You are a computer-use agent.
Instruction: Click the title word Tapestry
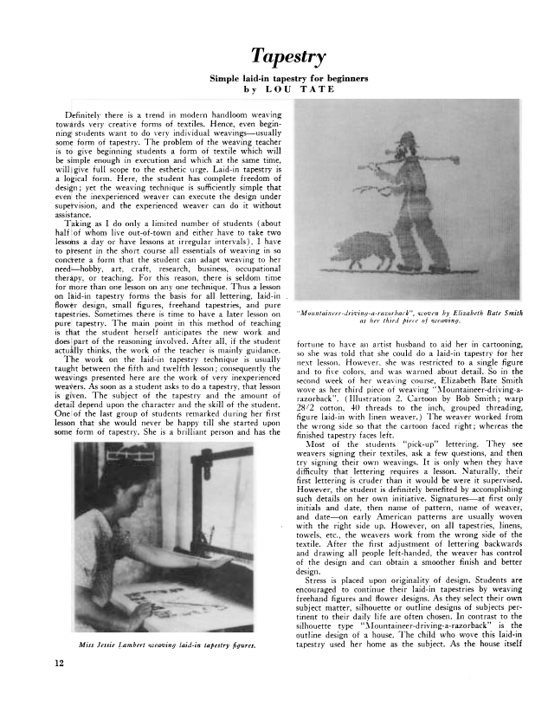point(288,57)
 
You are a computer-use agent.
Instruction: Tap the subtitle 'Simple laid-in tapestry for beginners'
point(289,78)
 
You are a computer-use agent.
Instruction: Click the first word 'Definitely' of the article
point(73,115)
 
